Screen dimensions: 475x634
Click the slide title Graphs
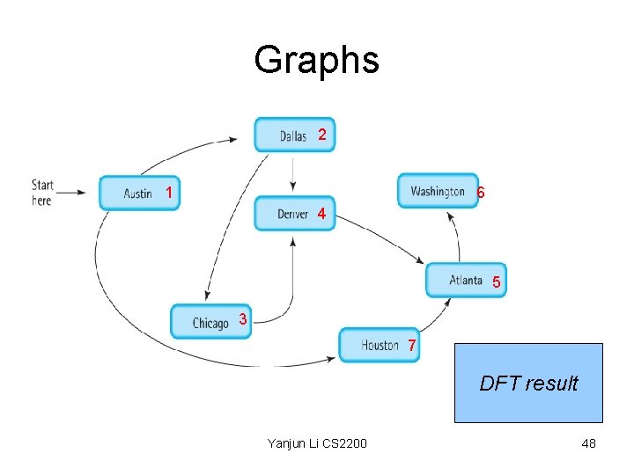point(316,60)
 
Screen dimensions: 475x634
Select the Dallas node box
point(294,135)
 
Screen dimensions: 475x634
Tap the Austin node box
point(138,193)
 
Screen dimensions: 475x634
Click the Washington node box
point(438,191)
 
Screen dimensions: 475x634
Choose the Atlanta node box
point(466,280)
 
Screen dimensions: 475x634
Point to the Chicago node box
point(210,322)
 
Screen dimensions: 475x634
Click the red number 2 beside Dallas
point(322,135)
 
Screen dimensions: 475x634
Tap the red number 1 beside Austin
point(169,192)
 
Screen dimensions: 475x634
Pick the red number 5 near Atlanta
point(497,282)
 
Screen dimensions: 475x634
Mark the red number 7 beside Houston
point(411,347)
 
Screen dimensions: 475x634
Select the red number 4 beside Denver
point(321,214)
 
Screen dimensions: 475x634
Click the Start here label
point(42,193)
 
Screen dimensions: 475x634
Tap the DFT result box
point(528,384)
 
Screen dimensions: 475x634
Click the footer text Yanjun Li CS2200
point(317,443)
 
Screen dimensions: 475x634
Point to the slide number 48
point(588,443)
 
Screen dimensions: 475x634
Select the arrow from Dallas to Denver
point(292,174)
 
